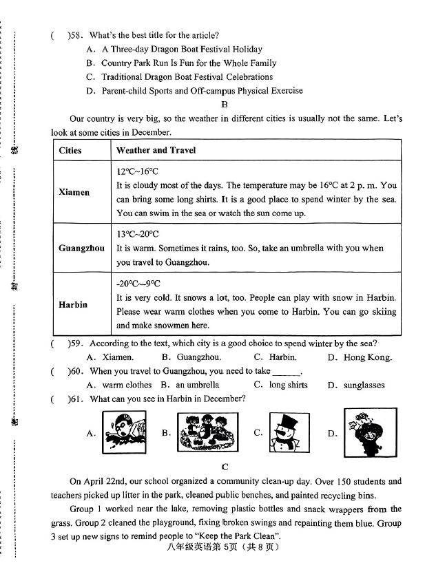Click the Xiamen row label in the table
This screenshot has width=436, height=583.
(x=74, y=192)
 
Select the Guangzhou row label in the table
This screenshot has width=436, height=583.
(x=81, y=248)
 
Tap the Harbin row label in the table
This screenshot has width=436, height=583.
(x=73, y=304)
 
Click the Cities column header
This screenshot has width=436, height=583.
(x=70, y=150)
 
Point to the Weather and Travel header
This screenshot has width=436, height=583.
(x=156, y=150)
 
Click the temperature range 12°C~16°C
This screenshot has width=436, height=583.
(x=138, y=171)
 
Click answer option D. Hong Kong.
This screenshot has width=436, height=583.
(x=360, y=357)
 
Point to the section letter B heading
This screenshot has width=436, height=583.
(x=225, y=105)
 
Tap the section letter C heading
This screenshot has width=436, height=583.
(x=225, y=467)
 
